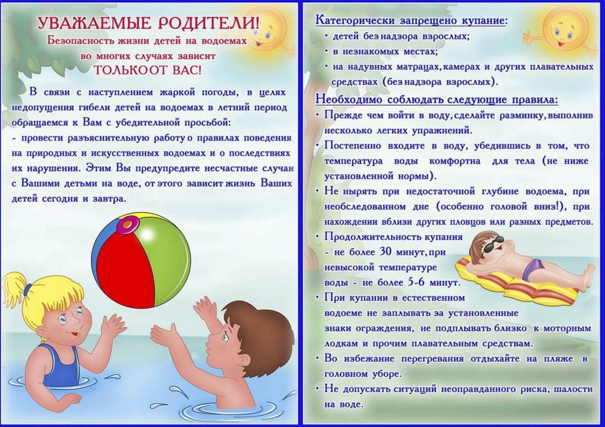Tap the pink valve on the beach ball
tap(128, 224)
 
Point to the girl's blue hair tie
tap(28, 288)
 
